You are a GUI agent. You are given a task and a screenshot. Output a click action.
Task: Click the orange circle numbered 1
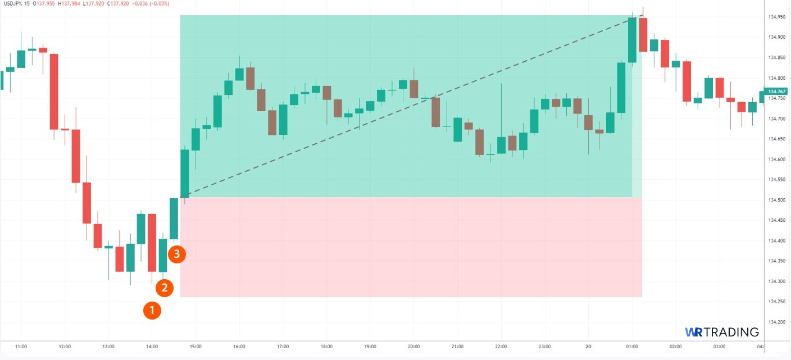point(152,311)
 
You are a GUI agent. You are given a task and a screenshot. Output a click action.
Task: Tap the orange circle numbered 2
point(165,288)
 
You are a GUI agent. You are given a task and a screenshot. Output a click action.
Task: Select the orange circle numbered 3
point(177,254)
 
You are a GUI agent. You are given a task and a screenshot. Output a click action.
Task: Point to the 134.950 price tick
point(777,17)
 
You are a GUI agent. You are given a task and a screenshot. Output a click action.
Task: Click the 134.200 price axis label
point(777,322)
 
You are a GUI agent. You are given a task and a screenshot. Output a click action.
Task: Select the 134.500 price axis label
point(777,200)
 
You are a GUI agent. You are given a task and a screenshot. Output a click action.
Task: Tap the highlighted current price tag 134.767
point(778,91)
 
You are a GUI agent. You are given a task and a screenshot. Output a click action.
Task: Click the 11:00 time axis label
point(21,347)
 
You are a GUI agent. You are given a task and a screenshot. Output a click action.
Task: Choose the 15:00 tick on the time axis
point(196,347)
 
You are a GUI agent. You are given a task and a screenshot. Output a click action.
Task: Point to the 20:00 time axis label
point(413,347)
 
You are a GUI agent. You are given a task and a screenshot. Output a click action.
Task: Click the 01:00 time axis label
point(632,347)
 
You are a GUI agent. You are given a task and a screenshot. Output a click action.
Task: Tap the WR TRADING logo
point(722,332)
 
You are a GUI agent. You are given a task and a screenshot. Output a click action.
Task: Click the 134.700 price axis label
point(777,119)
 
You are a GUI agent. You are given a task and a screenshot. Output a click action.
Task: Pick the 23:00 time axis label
point(545,347)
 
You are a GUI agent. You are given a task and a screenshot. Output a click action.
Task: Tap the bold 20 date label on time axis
point(588,347)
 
